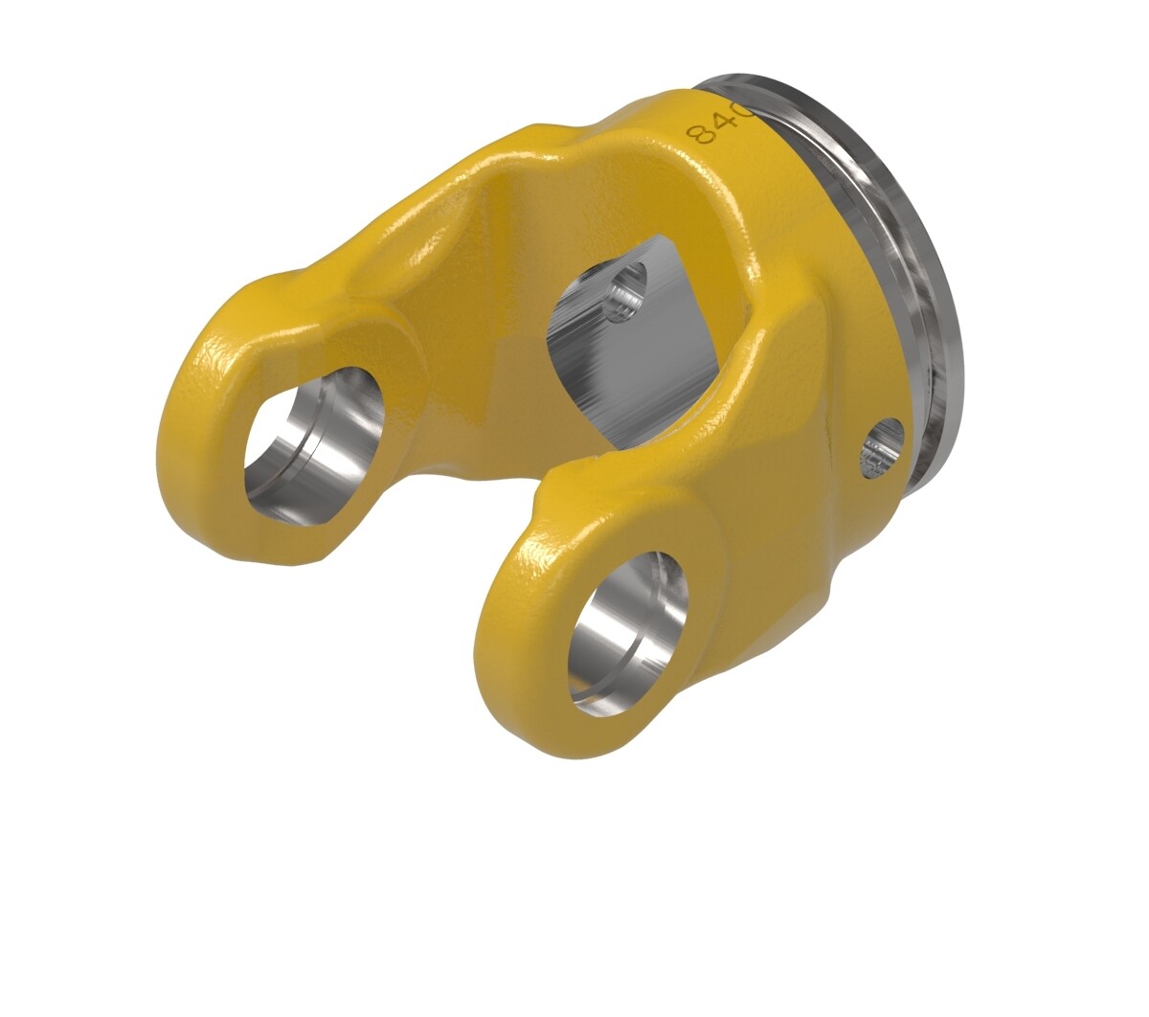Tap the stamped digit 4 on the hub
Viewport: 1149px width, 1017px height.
[x=723, y=121]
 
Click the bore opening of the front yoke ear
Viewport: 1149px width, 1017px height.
[x=627, y=632]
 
